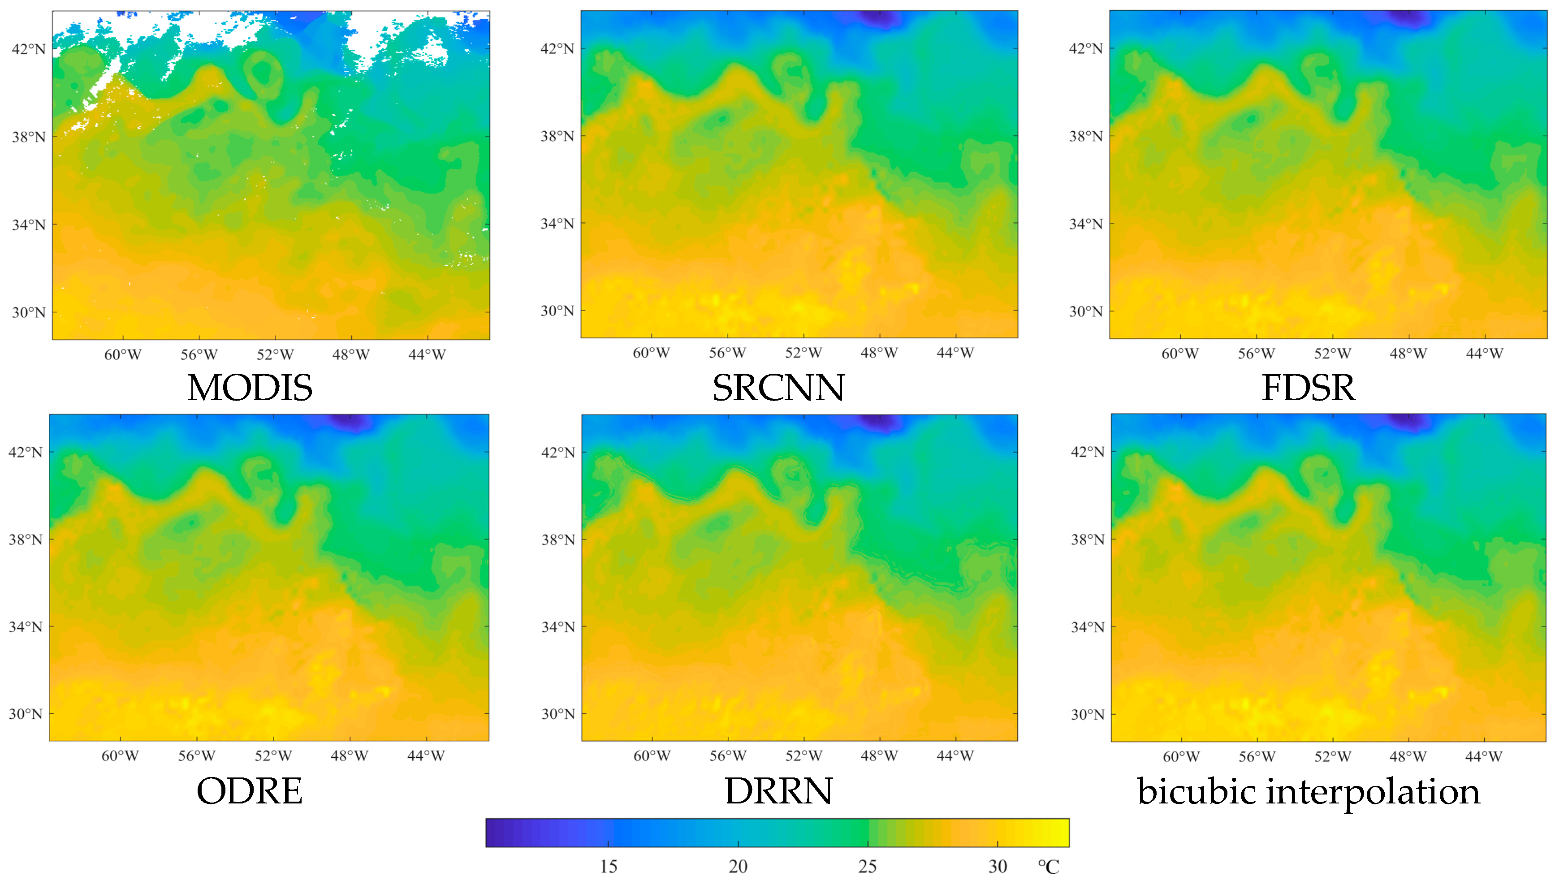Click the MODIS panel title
tap(250, 387)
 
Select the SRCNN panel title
tap(778, 387)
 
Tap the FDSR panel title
tap(1308, 387)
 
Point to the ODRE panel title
tap(249, 791)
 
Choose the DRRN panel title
tap(778, 791)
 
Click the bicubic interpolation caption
tap(1308, 791)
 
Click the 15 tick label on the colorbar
tap(608, 866)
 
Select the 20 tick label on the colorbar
tap(738, 866)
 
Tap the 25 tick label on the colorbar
tap(867, 866)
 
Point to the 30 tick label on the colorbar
tap(997, 866)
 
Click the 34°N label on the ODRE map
tap(26, 627)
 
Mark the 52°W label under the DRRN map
tap(803, 755)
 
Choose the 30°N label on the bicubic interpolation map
tap(1087, 714)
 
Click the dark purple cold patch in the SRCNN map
tap(879, 18)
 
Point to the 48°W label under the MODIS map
tap(350, 354)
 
